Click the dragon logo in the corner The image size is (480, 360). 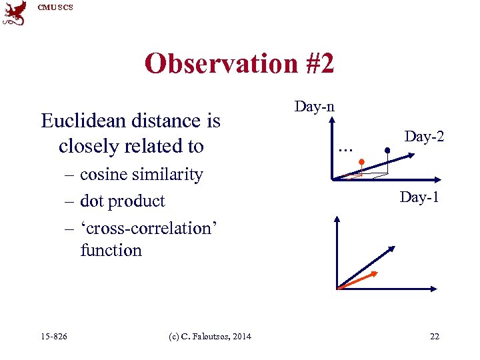[x=14, y=13]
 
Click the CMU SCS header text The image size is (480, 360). [x=55, y=7]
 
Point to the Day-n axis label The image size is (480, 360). [x=315, y=106]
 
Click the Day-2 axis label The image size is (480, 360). [x=425, y=137]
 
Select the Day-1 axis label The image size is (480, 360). [x=419, y=197]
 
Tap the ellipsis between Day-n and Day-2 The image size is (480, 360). [x=345, y=150]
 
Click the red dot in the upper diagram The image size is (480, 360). [x=361, y=162]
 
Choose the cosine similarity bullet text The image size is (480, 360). [x=141, y=175]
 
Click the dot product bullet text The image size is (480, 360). [x=122, y=201]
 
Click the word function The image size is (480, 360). [x=111, y=251]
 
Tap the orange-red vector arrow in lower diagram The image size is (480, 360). [x=359, y=280]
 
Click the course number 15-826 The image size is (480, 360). [x=53, y=336]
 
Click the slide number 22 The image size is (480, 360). [x=434, y=336]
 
